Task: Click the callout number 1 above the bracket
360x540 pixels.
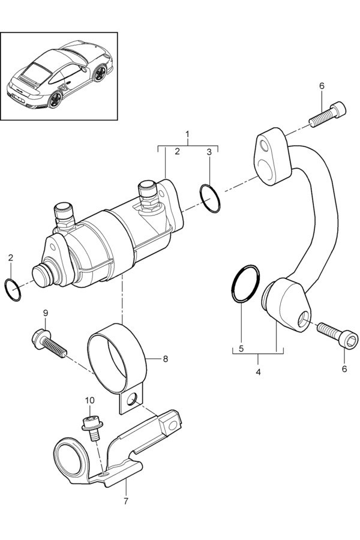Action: coord(187,133)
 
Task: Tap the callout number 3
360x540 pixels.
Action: coord(209,152)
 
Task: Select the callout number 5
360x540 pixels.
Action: coord(241,348)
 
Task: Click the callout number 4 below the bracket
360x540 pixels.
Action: coord(258,372)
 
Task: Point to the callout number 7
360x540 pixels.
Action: coord(126,502)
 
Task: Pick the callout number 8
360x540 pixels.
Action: coord(166,359)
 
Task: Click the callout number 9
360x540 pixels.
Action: coord(46,313)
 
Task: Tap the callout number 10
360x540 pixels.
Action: coord(89,400)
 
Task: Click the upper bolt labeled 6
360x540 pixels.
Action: coord(328,115)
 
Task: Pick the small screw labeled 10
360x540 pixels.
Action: coord(92,428)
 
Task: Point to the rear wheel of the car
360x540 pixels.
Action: coord(55,99)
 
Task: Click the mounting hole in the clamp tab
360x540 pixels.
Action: coord(131,400)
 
